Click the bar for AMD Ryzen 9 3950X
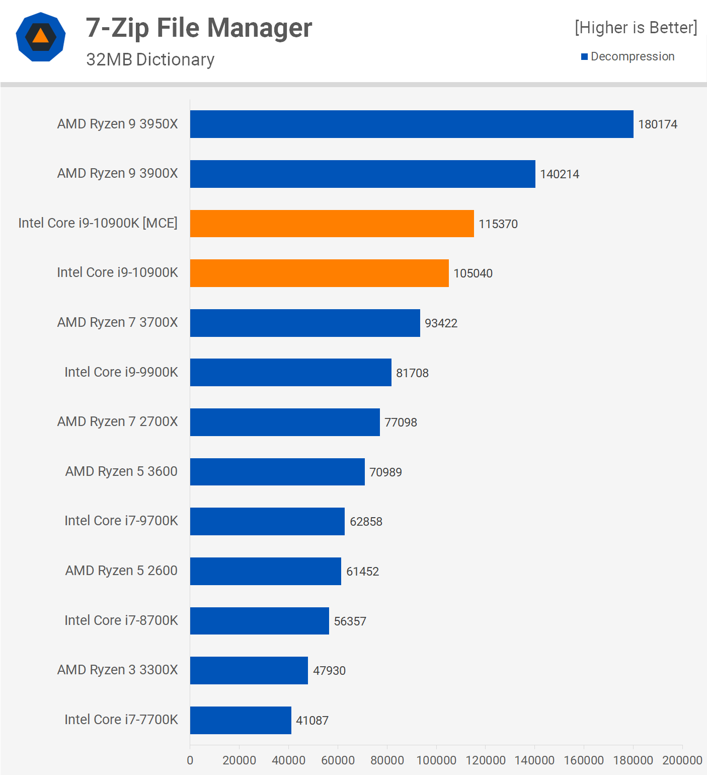pos(412,124)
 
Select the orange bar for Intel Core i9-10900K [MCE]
pos(332,224)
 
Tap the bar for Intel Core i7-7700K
pos(241,720)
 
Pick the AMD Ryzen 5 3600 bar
pos(277,472)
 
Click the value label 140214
pos(560,174)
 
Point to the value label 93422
pos(441,323)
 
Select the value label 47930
pos(329,671)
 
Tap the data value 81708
pos(412,373)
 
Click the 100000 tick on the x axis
pos(436,760)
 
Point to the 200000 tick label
pos(682,760)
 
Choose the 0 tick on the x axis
pos(190,760)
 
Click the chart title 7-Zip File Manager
pos(199,28)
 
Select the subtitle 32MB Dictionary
pos(150,59)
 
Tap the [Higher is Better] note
pos(636,28)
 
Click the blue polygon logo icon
pos(41,37)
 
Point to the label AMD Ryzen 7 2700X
pos(117,421)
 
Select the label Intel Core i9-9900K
pos(121,372)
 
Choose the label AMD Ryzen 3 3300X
pos(117,670)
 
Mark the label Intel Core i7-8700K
pos(121,620)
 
